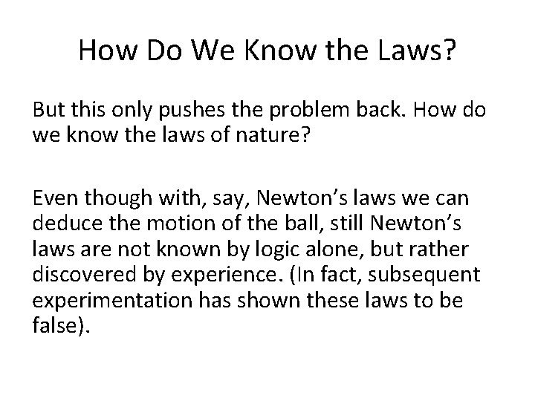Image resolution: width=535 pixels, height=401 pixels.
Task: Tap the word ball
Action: tap(288, 221)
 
